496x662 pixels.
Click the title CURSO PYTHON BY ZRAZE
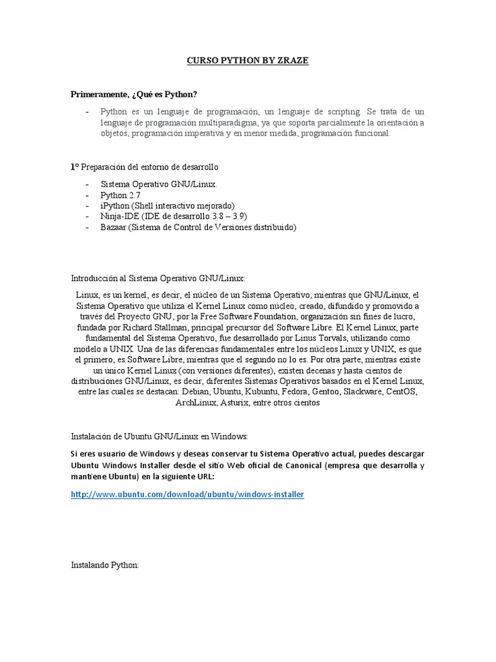pyautogui.click(x=247, y=61)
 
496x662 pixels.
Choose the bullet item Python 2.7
pyautogui.click(x=120, y=195)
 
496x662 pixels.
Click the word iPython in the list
pyautogui.click(x=114, y=206)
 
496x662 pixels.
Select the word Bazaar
pyautogui.click(x=114, y=227)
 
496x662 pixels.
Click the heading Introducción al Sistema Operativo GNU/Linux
pyautogui.click(x=158, y=279)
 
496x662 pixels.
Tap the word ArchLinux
pyautogui.click(x=196, y=402)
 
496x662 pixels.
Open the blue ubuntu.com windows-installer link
pyautogui.click(x=187, y=495)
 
